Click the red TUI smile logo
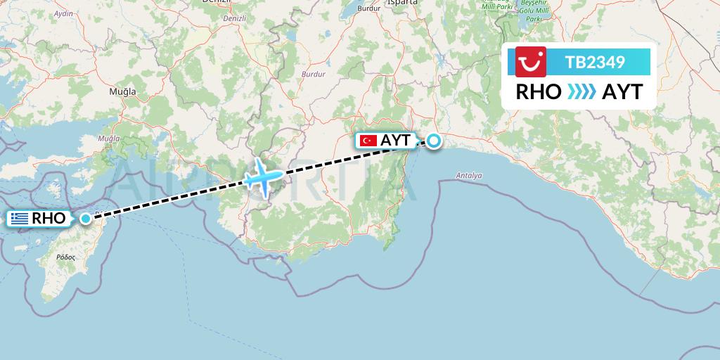point(531,62)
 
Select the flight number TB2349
point(595,62)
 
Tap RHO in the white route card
point(539,92)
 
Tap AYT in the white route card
point(622,92)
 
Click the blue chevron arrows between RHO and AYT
point(581,92)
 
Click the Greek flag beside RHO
point(20,219)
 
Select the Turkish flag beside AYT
point(367,141)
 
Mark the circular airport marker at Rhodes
point(86,218)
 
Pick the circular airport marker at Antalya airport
point(435,141)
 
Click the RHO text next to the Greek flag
point(49,219)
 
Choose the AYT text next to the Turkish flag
point(395,141)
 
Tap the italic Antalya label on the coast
point(468,174)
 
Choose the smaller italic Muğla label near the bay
point(109,139)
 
